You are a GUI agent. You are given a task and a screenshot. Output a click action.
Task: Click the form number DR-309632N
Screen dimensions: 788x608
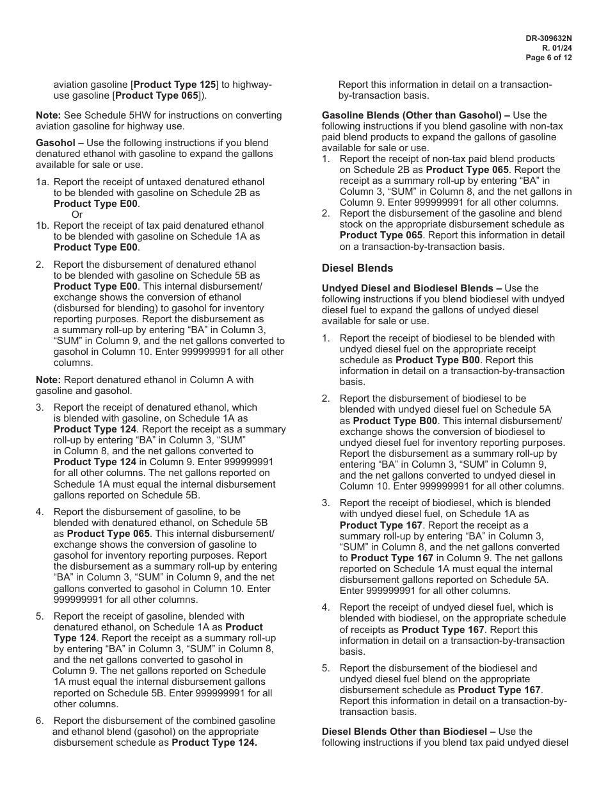coord(548,38)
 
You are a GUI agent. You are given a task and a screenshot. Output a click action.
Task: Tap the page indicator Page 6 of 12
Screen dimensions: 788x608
coord(548,58)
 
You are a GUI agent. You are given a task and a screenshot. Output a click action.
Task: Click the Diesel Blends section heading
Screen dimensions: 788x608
coord(357,268)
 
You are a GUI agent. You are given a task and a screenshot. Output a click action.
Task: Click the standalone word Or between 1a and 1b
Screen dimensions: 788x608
coord(77,215)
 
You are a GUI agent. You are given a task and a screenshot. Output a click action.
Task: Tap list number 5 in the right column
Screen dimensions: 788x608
coord(325,668)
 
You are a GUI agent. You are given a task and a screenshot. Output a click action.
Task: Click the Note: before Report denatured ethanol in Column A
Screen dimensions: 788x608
coord(48,380)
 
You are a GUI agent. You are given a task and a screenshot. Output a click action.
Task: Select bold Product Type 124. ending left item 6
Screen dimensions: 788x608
coord(214,743)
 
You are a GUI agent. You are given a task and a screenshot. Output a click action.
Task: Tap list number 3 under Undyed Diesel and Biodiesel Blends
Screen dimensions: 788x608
coord(325,503)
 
